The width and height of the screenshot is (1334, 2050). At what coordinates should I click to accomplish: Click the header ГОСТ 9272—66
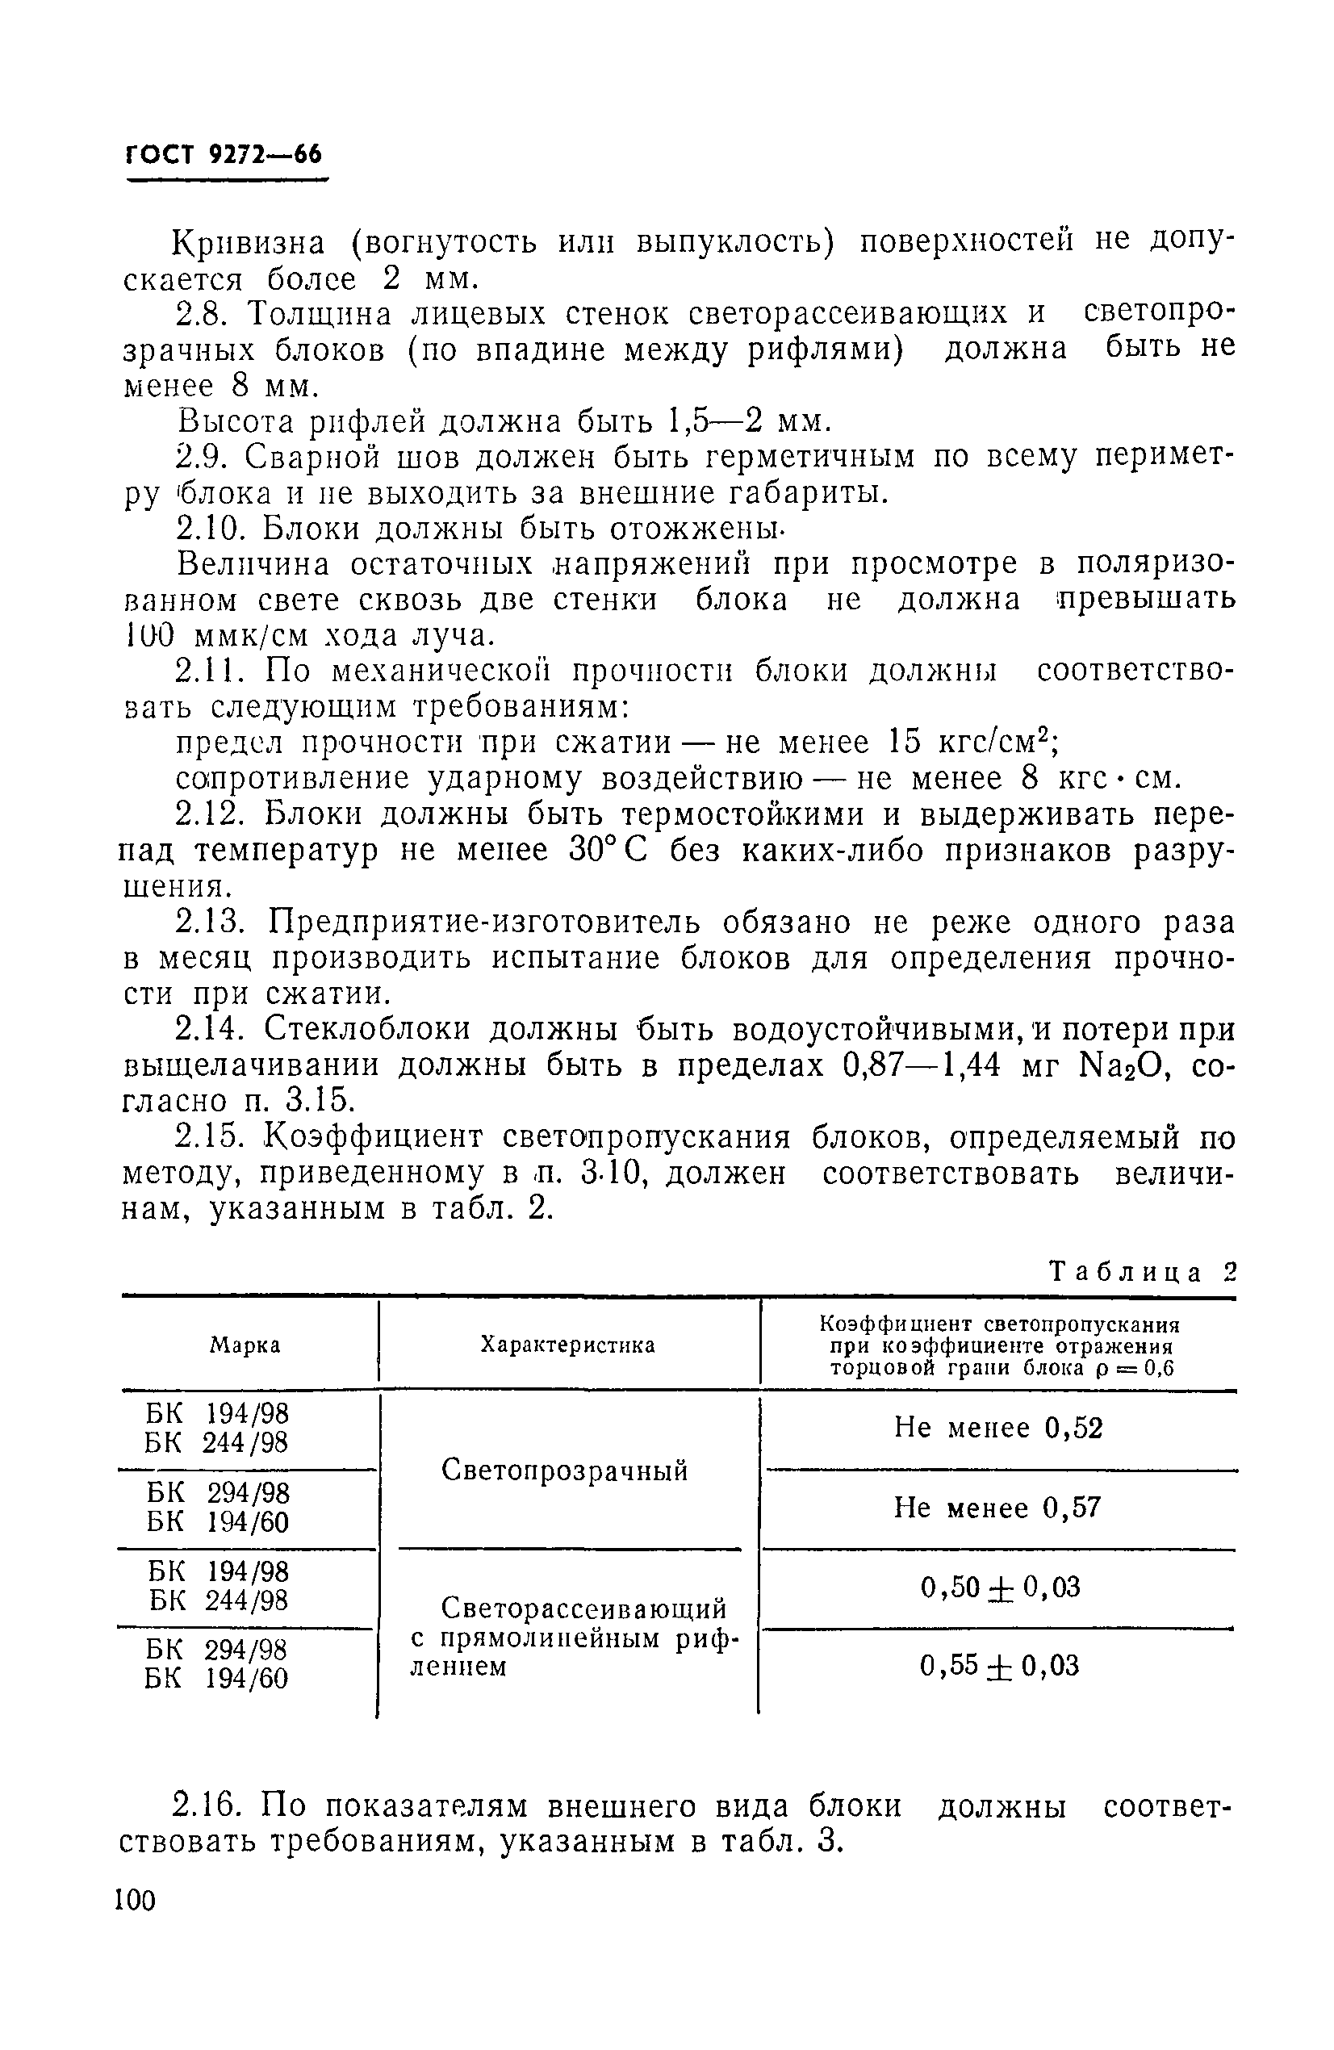point(224,155)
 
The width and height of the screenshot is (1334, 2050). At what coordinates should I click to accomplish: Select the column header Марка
point(245,1345)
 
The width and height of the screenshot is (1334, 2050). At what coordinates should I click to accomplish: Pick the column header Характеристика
point(567,1345)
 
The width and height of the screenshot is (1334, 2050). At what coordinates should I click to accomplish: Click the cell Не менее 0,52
point(998,1428)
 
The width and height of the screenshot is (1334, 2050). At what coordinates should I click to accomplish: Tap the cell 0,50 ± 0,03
point(1000,1587)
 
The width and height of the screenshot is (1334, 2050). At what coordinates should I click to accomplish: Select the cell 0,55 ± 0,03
point(999,1666)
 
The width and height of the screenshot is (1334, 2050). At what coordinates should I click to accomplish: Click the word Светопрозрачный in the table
point(565,1471)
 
